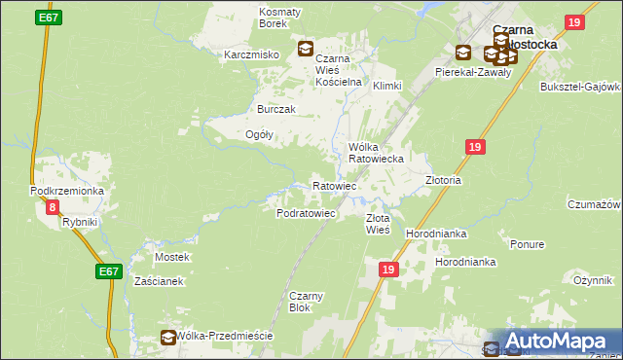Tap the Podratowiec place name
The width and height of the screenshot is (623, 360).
(306, 212)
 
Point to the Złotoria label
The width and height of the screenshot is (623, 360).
(443, 181)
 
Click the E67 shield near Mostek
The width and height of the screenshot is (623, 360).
(109, 273)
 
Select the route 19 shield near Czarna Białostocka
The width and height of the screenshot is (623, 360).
(574, 22)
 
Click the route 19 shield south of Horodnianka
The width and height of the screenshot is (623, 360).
(387, 269)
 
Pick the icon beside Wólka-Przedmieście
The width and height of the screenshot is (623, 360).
(168, 337)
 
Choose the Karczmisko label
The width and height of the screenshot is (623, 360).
(252, 54)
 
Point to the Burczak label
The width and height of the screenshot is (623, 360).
(275, 109)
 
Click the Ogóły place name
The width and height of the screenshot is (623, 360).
(259, 134)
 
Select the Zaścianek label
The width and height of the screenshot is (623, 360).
(159, 280)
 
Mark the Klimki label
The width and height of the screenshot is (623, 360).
(386, 86)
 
